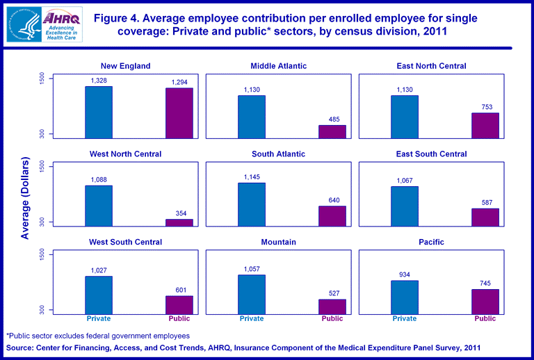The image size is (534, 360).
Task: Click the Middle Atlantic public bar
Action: (332, 131)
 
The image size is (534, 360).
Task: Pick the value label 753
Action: (485, 107)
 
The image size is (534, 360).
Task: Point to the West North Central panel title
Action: (125, 154)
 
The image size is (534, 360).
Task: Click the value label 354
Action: (179, 213)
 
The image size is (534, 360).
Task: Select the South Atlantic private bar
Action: (252, 204)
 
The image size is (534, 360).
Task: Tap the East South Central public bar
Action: (485, 217)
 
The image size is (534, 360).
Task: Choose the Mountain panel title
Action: (278, 242)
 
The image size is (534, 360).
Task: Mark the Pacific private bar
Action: (405, 297)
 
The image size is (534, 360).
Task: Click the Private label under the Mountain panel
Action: (252, 319)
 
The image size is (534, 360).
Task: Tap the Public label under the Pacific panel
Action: (485, 319)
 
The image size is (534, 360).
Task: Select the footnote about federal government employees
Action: (98, 336)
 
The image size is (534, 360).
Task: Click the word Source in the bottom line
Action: (22, 347)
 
